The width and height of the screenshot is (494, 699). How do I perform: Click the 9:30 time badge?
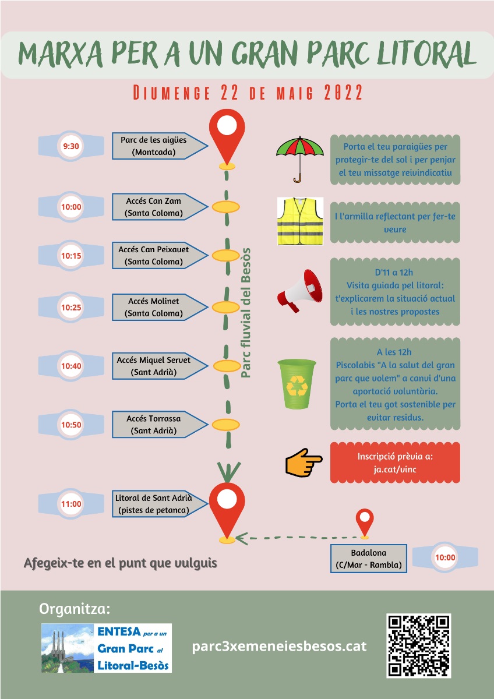click(x=71, y=146)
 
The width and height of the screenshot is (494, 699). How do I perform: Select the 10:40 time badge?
click(x=71, y=366)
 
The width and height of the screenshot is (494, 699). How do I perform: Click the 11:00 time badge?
click(x=71, y=504)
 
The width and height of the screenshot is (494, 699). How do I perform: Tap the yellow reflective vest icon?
click(x=299, y=221)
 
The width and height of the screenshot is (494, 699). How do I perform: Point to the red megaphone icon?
click(x=299, y=288)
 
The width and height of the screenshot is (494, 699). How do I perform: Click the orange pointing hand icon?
click(x=304, y=464)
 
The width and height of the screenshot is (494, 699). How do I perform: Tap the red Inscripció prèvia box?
click(x=395, y=463)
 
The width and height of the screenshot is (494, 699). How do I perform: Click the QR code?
click(x=418, y=645)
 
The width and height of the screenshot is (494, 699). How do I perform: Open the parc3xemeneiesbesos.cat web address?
click(x=280, y=646)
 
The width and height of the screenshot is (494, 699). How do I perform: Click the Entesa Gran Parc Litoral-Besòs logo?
click(x=107, y=648)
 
